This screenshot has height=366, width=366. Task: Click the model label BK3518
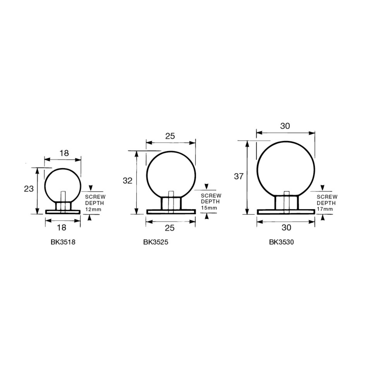(63, 242)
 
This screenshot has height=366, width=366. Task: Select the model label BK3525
(156, 242)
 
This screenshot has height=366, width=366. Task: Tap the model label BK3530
(281, 242)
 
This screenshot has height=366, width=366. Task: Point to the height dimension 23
(29, 189)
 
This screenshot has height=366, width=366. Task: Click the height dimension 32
(127, 181)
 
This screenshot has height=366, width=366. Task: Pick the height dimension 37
(239, 177)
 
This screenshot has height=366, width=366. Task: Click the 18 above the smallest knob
(64, 153)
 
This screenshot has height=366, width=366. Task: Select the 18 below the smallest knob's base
(62, 228)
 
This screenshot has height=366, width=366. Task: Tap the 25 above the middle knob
(170, 136)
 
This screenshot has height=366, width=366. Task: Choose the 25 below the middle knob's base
(170, 228)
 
